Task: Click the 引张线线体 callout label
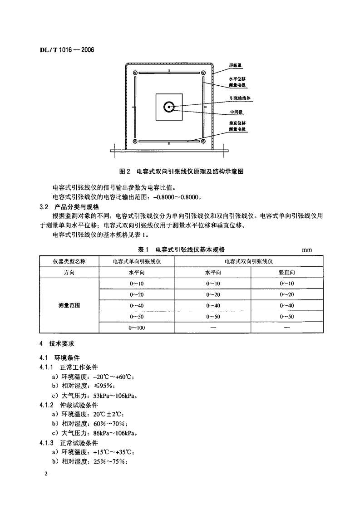pos(237,98)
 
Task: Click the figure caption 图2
pos(124,172)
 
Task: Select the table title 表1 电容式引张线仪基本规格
pos(182,250)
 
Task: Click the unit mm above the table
pos(306,250)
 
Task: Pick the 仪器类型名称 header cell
pos(69,261)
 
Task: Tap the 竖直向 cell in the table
pos(287,273)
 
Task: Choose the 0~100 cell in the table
pos(137,328)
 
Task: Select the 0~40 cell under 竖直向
pos(287,306)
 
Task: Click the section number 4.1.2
pos(47,405)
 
